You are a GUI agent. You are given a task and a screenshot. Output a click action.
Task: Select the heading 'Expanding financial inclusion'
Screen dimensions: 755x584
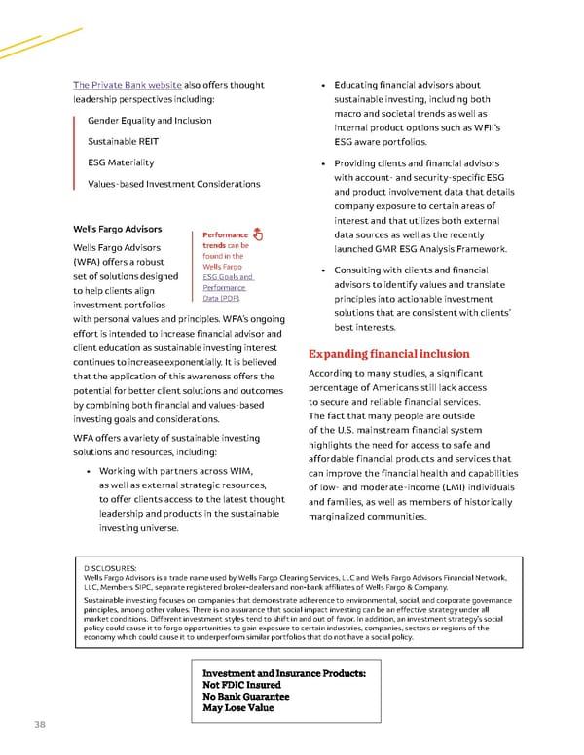coord(388,354)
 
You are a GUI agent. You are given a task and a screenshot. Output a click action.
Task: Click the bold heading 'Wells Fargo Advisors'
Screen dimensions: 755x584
coord(118,230)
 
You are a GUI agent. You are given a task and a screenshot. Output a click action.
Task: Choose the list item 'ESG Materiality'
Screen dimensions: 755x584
coord(121,162)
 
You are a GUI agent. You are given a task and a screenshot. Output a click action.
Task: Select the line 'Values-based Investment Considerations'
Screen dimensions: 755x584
coord(173,184)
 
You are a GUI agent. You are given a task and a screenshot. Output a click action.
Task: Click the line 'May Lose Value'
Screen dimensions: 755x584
coord(237,710)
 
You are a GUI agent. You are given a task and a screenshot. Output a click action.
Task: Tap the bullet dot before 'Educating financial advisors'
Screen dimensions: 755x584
coord(311,86)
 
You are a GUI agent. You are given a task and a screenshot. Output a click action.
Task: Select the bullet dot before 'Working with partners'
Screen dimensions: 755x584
coord(90,473)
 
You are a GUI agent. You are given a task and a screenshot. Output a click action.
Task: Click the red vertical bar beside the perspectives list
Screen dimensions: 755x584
coord(74,152)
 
